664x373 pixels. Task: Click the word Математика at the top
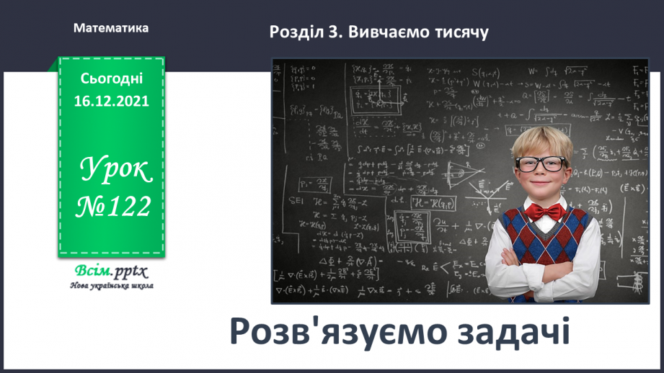click(x=111, y=28)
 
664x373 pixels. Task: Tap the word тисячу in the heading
click(x=459, y=32)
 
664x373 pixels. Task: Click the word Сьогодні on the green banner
click(x=111, y=78)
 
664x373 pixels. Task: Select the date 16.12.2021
click(x=111, y=101)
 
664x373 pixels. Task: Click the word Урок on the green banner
click(x=114, y=170)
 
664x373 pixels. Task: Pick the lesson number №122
click(x=113, y=207)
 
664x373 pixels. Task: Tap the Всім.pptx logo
click(x=110, y=271)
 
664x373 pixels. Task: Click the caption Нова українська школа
click(x=111, y=285)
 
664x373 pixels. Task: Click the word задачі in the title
click(x=513, y=333)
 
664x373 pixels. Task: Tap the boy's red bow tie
click(x=544, y=211)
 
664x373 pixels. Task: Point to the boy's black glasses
click(x=541, y=163)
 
